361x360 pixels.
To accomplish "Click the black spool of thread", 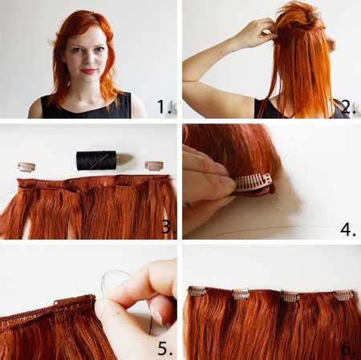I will (x=96, y=160).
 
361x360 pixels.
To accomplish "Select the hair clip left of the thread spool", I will (x=26, y=167).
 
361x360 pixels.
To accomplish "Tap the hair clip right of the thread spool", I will (x=153, y=165).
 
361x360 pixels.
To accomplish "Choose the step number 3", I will (x=167, y=228).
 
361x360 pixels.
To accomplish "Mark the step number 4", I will (x=347, y=229).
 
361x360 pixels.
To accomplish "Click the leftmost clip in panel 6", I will (x=197, y=292).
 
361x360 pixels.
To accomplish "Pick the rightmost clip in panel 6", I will (x=343, y=295).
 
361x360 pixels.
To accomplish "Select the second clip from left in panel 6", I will (x=240, y=294).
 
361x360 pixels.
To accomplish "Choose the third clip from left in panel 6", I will (x=290, y=296).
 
